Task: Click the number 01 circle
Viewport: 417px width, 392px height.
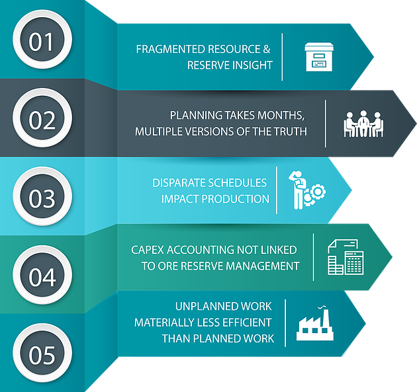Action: [41, 42]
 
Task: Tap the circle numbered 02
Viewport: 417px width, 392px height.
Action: [41, 120]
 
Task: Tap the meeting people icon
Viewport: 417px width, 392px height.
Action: [363, 124]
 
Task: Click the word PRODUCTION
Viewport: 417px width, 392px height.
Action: [235, 199]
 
